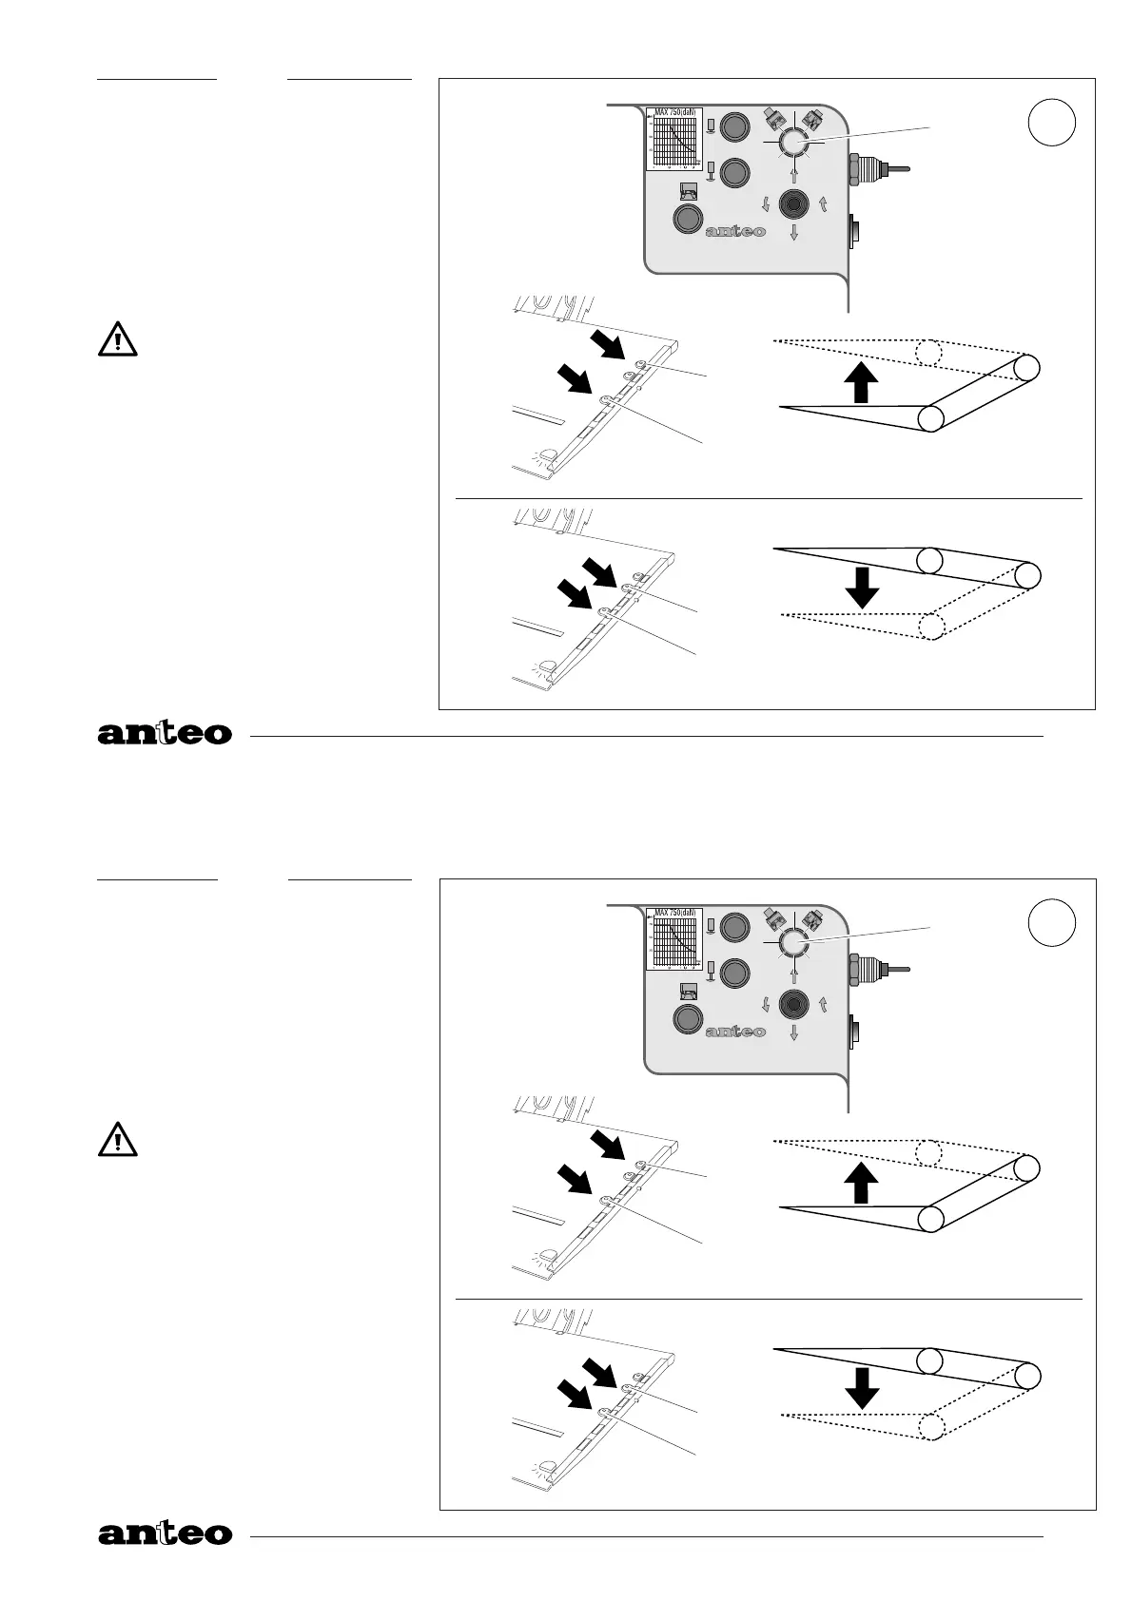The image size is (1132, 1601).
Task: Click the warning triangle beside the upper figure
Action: [x=117, y=340]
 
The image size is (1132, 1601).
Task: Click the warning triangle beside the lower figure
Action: [x=117, y=1140]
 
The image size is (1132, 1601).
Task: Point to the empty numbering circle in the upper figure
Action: [x=1052, y=124]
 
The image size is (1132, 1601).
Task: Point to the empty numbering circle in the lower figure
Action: [x=1052, y=922]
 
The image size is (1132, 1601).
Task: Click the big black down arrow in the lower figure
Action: [x=862, y=1388]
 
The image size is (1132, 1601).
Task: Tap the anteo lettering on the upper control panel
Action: [x=735, y=231]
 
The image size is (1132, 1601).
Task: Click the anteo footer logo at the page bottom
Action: [x=165, y=1533]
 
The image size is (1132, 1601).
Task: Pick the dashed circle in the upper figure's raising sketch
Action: [x=928, y=352]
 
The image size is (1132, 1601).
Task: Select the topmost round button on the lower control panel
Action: [x=734, y=926]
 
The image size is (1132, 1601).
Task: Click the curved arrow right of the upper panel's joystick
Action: [x=823, y=203]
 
